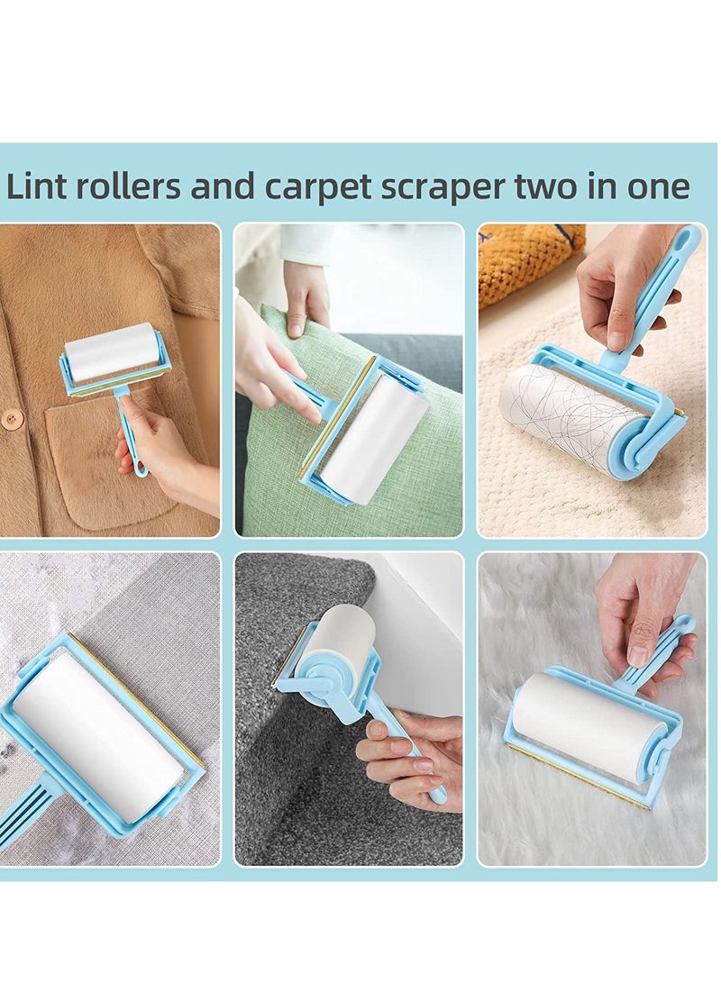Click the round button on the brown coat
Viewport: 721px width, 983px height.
[12, 419]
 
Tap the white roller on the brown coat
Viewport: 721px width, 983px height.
[112, 351]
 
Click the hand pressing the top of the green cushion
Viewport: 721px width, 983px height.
[306, 296]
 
